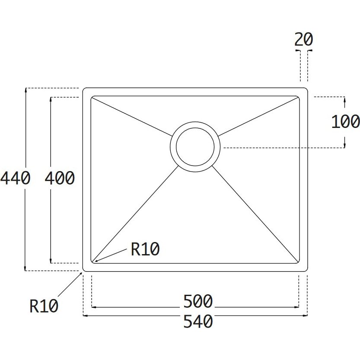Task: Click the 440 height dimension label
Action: [15, 178]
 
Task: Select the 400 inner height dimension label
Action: [60, 178]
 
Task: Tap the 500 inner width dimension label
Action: [198, 301]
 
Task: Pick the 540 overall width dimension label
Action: [198, 321]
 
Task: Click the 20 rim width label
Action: [303, 39]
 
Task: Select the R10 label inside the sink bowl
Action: [145, 249]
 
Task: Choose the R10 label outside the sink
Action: [44, 306]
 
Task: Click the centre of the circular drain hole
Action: [195, 147]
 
